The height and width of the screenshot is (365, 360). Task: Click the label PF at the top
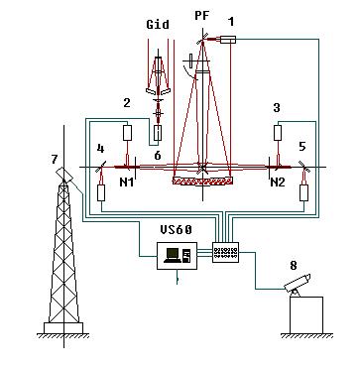point(202,15)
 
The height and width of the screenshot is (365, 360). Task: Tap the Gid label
point(158,24)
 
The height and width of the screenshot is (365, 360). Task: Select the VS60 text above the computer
point(177,230)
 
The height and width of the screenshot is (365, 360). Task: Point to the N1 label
point(126,182)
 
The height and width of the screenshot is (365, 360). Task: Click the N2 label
point(278,182)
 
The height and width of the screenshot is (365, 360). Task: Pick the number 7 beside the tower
point(56,160)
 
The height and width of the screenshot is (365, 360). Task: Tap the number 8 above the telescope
point(294,266)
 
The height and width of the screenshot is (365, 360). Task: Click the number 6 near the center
point(158,155)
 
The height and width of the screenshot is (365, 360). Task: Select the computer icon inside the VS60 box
point(178,255)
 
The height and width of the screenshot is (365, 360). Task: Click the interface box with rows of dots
point(225,252)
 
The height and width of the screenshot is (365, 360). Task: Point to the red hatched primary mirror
point(203,181)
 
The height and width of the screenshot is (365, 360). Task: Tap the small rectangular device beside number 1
point(228,40)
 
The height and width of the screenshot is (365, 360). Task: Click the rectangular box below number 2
point(127,133)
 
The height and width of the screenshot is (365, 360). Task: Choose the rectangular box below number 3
point(279,133)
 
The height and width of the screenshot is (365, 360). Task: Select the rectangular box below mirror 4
point(101,192)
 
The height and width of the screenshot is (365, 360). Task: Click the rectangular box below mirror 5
point(303,192)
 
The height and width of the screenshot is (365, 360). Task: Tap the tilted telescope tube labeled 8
point(298,283)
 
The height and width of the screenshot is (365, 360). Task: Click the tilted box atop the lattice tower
point(64,176)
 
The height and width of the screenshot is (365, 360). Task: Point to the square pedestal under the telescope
point(306,315)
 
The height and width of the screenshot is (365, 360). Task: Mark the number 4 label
point(100,149)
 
